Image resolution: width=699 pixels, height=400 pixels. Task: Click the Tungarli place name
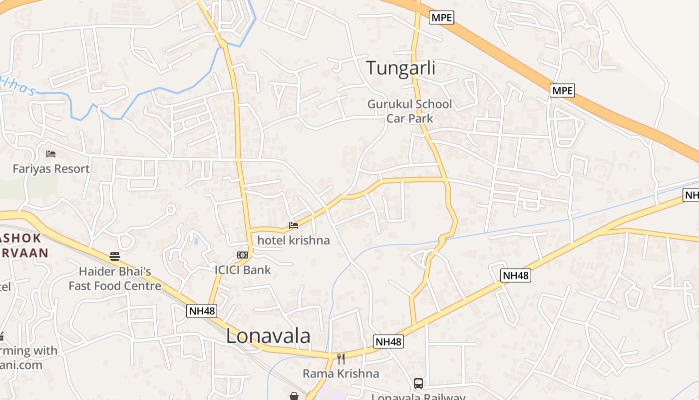[401, 68]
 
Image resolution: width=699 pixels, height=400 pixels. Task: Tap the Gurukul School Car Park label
[409, 111]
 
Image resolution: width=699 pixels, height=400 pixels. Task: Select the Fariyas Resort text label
[51, 168]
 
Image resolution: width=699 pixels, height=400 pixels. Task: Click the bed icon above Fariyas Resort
[51, 154]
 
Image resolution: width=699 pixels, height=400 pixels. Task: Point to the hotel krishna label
[294, 240]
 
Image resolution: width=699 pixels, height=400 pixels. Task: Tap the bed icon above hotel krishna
[294, 226]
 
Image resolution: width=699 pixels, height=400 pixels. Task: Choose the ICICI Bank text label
[243, 270]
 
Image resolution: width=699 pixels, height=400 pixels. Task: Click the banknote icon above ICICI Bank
[243, 255]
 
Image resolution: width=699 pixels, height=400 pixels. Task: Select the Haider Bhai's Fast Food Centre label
[115, 278]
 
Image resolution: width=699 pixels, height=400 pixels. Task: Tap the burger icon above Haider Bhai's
[115, 257]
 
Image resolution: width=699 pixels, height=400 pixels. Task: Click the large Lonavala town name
[268, 336]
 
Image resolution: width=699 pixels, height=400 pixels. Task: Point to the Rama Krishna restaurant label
[341, 373]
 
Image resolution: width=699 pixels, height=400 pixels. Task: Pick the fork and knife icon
[341, 358]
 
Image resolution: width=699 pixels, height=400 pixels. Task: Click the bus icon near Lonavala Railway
[418, 383]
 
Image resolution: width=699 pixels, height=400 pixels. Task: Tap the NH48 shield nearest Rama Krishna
[388, 342]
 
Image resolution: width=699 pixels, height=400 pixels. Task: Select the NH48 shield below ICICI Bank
[202, 310]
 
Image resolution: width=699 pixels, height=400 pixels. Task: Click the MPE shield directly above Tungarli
[441, 17]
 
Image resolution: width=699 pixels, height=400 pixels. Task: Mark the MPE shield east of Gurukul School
[563, 90]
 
